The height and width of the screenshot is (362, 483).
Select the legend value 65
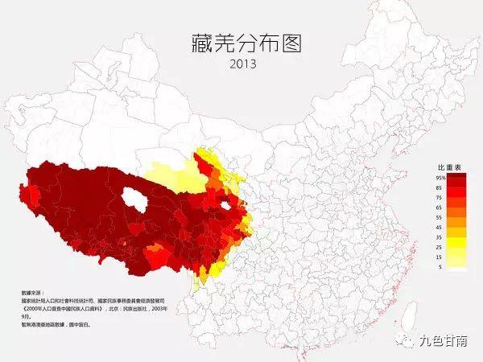pos(440,208)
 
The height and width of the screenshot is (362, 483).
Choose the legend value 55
pos(440,217)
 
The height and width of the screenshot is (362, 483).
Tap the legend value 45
pos(440,228)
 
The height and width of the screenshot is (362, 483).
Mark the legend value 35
pos(440,238)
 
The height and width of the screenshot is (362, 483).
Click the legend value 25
pos(440,248)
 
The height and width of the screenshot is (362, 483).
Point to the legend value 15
pos(440,258)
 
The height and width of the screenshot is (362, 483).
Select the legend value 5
pos(440,268)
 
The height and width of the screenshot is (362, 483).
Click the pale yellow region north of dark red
pos(175,173)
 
